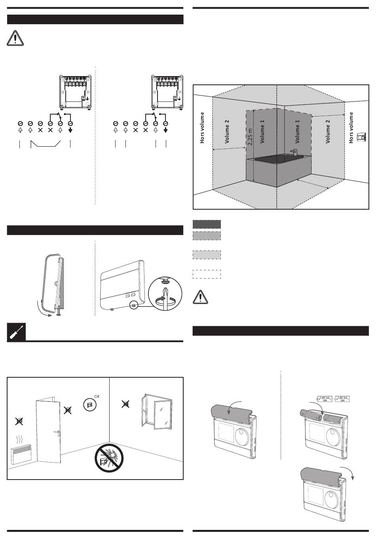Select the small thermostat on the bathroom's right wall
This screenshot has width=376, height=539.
point(361,137)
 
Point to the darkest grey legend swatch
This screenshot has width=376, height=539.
point(207,224)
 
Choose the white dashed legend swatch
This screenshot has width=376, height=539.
point(207,274)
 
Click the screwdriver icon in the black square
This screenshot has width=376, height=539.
point(17,332)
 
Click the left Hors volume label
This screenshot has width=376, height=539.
point(203,128)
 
